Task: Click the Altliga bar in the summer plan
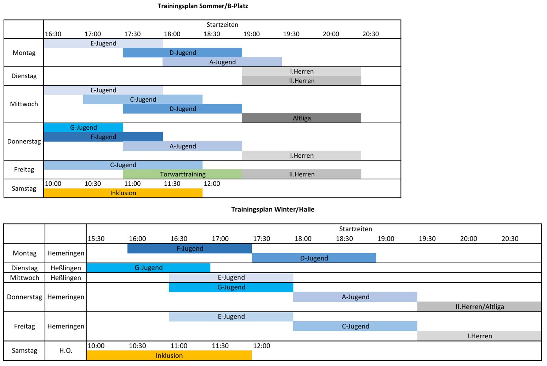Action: tap(301, 118)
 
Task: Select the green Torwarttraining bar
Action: tap(182, 174)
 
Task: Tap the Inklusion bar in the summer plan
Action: tap(123, 193)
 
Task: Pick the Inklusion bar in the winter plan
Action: tap(169, 355)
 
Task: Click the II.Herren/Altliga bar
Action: tap(479, 306)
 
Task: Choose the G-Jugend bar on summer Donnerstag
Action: tap(83, 128)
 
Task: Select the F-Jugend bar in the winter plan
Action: tap(189, 248)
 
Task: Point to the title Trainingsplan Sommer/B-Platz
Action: tap(203, 6)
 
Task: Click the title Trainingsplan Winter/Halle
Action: tap(273, 209)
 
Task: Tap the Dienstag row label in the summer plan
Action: tap(24, 76)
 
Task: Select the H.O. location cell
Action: tap(65, 350)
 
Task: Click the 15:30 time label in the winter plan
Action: tap(96, 238)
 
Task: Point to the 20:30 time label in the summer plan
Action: tap(370, 34)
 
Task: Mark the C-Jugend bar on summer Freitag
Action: tap(123, 165)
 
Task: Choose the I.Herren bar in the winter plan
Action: tap(479, 336)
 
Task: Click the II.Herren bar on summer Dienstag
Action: tap(301, 81)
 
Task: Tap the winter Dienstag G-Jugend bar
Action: tap(148, 268)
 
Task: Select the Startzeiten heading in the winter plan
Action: tap(355, 229)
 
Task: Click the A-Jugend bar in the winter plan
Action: tap(355, 297)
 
